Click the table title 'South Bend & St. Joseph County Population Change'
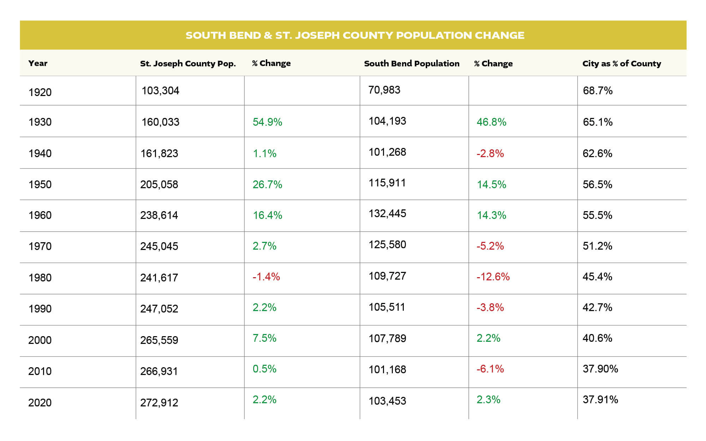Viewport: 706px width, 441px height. [x=355, y=35]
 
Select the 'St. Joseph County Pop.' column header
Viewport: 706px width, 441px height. [x=188, y=64]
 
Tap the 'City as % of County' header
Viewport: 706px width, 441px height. [x=621, y=64]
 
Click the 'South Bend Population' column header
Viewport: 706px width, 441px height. [x=412, y=64]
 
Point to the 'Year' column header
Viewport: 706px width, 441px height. [x=38, y=63]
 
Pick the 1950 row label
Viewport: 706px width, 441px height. [x=40, y=185]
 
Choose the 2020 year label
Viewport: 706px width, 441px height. [x=40, y=403]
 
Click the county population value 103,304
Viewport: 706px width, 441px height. [x=160, y=91]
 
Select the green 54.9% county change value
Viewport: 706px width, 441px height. [x=267, y=122]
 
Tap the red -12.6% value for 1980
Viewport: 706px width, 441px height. [x=493, y=277]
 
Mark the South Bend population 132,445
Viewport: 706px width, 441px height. [x=387, y=214]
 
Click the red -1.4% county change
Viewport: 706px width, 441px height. [x=266, y=277]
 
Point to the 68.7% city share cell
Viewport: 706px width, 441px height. [x=597, y=91]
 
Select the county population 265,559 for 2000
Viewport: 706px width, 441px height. [x=159, y=340]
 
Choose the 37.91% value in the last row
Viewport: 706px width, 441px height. [x=600, y=400]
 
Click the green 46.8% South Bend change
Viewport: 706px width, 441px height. [x=491, y=122]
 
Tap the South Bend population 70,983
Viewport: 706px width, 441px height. [x=384, y=90]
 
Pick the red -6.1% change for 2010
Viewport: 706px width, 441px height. [x=490, y=369]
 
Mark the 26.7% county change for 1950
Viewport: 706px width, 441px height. [x=267, y=185]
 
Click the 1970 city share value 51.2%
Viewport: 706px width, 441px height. [x=597, y=246]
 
